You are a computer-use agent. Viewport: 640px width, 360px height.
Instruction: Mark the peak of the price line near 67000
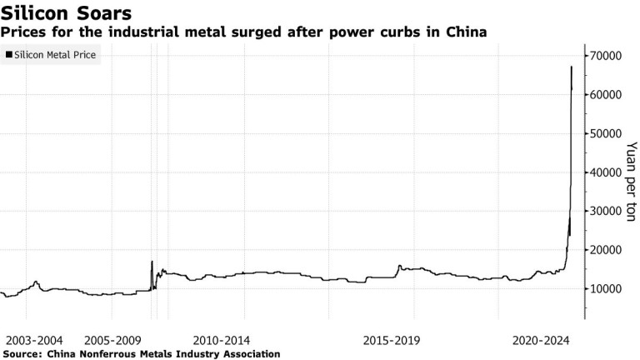pyautogui.click(x=571, y=67)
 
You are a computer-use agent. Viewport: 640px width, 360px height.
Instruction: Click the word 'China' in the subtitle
pyautogui.click(x=467, y=32)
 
